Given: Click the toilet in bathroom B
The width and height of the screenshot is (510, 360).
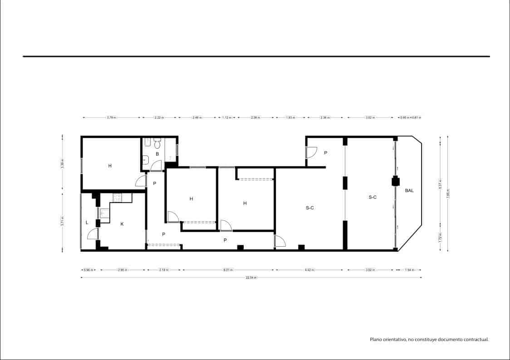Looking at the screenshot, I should point(157,144).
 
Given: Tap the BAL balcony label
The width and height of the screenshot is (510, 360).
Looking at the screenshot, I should point(409,191).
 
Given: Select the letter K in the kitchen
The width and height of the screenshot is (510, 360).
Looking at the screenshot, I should point(122,224).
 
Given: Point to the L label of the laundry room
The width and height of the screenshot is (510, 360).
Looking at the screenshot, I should point(87,222).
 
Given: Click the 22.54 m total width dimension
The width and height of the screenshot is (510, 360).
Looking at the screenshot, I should point(251,277).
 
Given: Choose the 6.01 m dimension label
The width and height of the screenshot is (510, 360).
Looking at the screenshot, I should point(228,270).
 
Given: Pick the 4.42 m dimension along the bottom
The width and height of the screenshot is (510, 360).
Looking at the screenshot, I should point(309,270).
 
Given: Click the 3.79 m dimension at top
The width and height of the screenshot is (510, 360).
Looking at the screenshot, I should point(111,117).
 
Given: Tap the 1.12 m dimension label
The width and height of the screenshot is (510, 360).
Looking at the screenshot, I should point(227,117).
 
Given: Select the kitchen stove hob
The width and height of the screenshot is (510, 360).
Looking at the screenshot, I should point(117,197).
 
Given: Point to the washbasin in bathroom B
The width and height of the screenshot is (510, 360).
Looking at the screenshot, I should point(145,159).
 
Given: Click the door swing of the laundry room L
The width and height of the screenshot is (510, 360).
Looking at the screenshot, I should point(92,234).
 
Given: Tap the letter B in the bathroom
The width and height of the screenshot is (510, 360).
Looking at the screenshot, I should point(157,154).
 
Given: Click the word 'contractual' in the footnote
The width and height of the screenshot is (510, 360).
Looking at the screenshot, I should point(474,339).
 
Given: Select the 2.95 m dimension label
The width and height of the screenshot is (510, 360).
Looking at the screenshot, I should point(122,270).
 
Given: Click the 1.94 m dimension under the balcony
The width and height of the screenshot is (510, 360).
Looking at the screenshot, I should point(409,270).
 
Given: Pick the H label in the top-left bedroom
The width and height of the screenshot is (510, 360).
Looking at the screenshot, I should point(110,166).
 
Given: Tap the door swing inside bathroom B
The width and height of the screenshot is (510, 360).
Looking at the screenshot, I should point(156,166).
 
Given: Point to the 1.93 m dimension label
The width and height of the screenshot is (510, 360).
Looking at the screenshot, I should point(290,117).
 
